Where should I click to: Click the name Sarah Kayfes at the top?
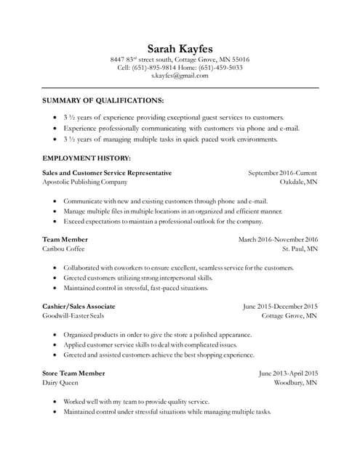(x=180, y=48)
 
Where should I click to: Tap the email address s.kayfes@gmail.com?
(x=180, y=76)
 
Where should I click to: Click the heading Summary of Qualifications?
(x=103, y=100)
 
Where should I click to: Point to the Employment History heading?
(x=87, y=158)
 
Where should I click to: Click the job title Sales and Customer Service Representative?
(x=108, y=173)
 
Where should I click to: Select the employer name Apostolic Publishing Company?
(x=85, y=182)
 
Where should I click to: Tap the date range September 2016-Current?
(x=282, y=173)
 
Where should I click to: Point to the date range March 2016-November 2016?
(x=278, y=239)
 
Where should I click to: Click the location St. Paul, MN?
(x=300, y=248)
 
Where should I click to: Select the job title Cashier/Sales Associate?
(x=79, y=307)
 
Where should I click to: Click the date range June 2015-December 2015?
(x=280, y=307)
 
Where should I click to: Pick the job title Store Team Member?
(x=73, y=373)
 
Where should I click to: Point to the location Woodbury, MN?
(x=295, y=382)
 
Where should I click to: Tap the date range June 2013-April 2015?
(x=288, y=373)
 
